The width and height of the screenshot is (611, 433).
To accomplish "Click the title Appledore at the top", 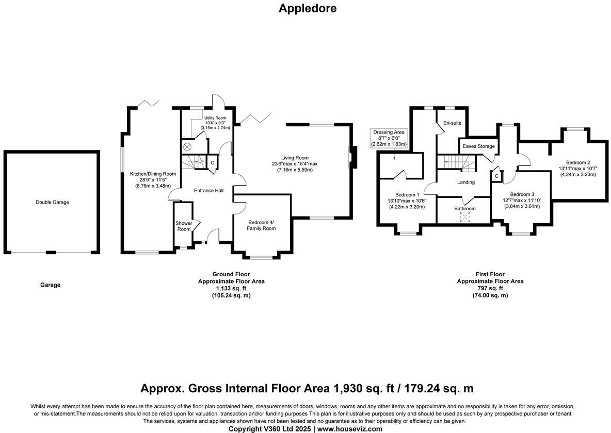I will pos(307,8).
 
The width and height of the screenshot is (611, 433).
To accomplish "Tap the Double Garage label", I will pos(52,202).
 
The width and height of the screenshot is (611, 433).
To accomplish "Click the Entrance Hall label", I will pos(208,191).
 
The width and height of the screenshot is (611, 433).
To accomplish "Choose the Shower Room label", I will pos(184,226).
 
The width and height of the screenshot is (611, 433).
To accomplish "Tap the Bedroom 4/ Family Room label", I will pos(261,225).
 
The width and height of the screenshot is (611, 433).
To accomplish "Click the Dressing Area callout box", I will pos(390,138).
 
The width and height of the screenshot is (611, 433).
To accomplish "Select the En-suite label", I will pos(452,123).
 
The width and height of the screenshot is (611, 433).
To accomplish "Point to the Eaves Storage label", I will pos(478,146).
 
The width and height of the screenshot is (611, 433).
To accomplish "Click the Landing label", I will pos(465,182).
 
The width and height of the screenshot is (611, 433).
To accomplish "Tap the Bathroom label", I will pos(465,208).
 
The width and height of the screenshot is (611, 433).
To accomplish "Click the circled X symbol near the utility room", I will pos(188,147).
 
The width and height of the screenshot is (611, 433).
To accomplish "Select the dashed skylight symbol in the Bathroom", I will pos(465,217).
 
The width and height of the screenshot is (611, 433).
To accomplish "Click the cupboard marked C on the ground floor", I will pos(213,163).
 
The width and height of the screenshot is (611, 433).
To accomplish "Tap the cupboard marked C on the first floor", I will pos(496,176).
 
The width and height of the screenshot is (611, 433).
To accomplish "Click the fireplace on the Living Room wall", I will pos(352,157).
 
